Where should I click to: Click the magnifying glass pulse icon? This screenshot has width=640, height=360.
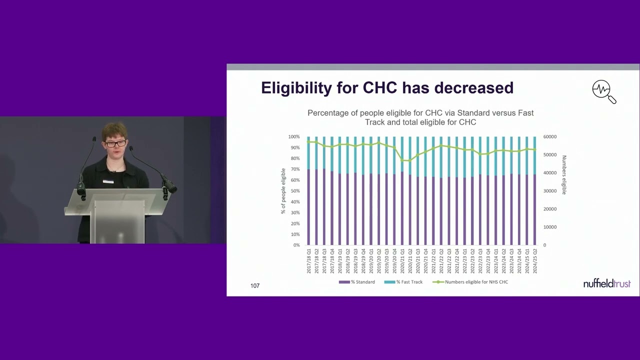603,91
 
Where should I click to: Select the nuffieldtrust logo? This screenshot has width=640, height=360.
606,283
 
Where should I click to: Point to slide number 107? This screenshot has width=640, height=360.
255,285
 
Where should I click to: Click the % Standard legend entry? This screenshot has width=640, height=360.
357,282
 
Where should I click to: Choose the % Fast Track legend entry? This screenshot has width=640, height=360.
403,282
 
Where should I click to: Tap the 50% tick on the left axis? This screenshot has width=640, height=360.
294,191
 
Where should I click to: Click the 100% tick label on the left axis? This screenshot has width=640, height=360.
293,136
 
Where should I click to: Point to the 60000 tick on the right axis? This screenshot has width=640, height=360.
549,136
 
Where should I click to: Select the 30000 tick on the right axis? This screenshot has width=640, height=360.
549,191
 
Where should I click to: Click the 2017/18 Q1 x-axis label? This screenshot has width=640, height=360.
309,261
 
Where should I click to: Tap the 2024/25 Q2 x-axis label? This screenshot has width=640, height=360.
535,261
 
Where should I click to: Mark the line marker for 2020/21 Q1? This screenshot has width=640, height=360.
402,160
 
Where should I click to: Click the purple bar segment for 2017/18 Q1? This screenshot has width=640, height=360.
309,207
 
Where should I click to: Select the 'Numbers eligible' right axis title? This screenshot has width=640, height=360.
564,174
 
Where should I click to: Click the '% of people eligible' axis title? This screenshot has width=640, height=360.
283,191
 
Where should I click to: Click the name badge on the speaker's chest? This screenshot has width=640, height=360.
108,181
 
